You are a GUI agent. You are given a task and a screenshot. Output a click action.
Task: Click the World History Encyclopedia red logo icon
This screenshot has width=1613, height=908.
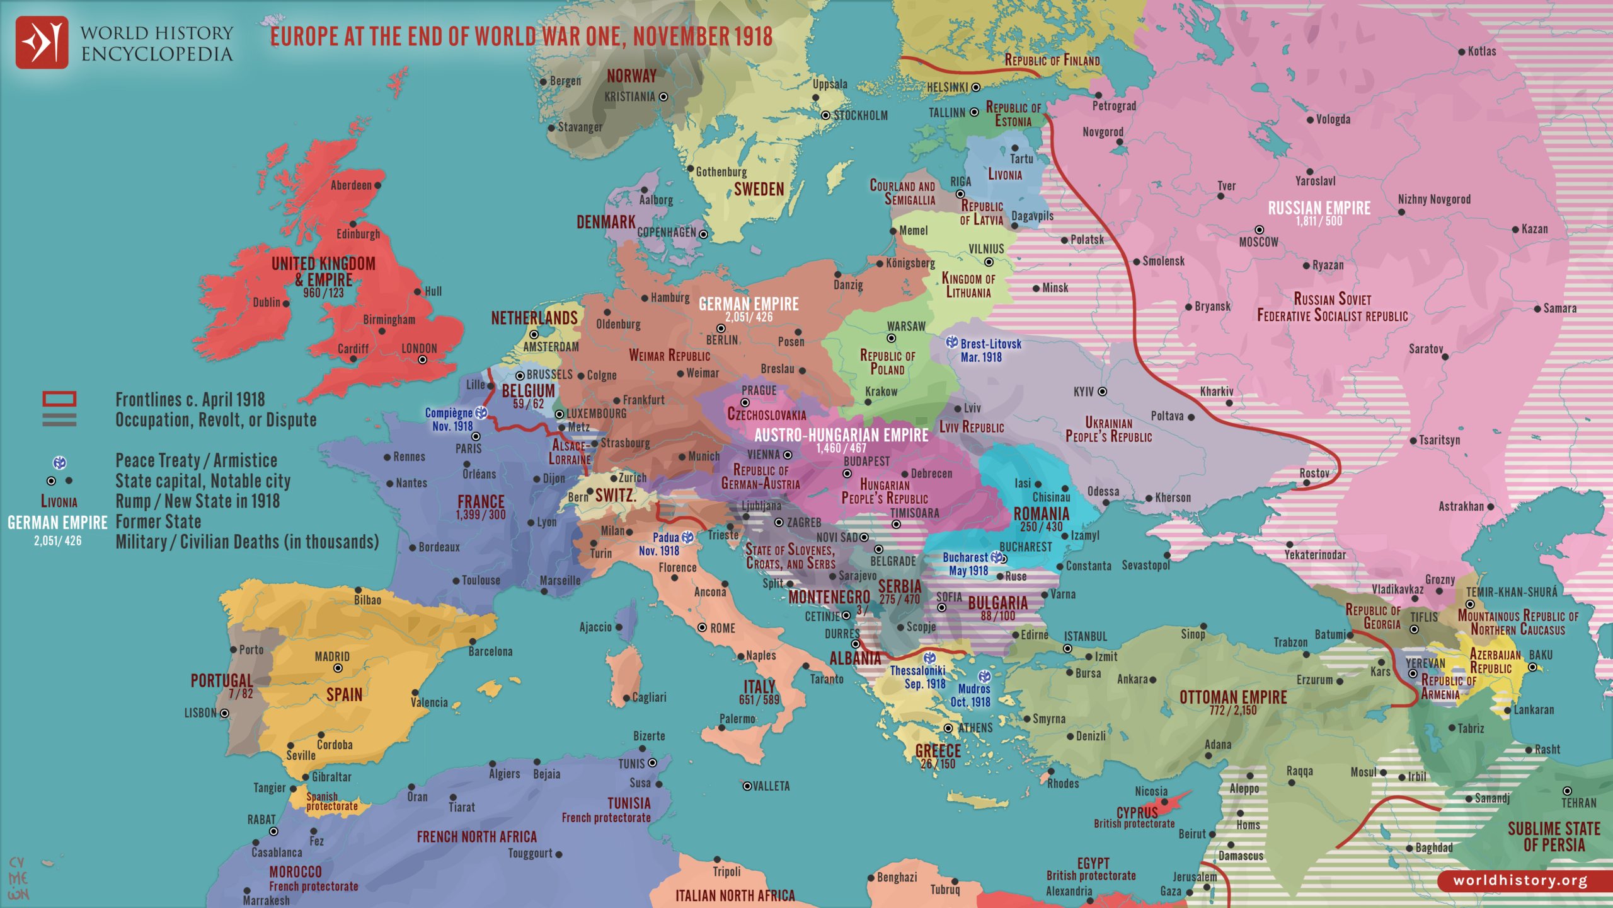(42, 42)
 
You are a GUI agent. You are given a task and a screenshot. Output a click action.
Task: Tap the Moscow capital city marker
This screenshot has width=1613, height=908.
(1259, 230)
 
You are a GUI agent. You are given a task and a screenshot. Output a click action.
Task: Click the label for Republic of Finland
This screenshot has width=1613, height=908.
(1052, 61)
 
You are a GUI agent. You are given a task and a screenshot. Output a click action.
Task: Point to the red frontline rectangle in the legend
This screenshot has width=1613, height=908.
(59, 399)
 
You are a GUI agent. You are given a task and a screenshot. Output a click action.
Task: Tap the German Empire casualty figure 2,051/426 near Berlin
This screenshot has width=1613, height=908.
(749, 317)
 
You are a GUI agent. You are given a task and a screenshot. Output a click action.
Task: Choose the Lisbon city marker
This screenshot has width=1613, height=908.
(224, 713)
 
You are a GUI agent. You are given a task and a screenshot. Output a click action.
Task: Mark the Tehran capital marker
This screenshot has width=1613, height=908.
(1567, 791)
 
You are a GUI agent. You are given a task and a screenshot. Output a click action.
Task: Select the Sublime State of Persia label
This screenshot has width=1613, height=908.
(1554, 837)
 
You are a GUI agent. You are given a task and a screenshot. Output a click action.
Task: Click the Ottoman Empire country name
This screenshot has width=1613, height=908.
(1233, 697)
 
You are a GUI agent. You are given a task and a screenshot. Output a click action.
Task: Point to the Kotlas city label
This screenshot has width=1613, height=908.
(1481, 52)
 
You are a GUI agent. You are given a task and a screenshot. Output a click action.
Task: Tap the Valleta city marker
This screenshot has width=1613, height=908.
(747, 786)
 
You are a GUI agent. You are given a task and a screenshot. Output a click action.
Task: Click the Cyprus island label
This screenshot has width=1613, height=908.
(1137, 812)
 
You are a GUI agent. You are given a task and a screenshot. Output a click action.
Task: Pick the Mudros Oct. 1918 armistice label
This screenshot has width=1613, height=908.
(973, 695)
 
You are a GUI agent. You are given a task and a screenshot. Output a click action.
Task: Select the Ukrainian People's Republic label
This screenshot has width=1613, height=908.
(1108, 429)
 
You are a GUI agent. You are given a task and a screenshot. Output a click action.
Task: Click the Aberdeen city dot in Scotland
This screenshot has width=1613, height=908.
(377, 185)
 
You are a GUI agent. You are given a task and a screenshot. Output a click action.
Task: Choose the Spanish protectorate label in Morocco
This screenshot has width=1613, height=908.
(331, 801)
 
